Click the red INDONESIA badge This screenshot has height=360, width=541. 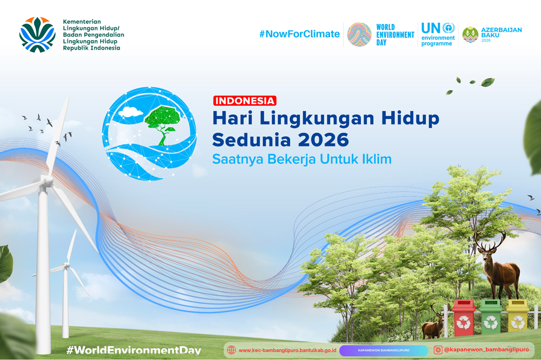click(x=245, y=101)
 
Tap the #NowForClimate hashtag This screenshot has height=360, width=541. click(x=300, y=34)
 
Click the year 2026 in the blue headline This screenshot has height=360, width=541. click(x=324, y=139)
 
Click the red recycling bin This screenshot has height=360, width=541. click(x=464, y=317)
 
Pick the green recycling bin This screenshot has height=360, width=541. click(x=491, y=317)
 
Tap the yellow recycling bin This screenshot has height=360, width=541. click(x=517, y=316)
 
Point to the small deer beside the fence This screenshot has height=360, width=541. click(x=434, y=323)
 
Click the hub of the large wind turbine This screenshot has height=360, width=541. click(x=48, y=181)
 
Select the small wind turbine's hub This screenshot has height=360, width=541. click(x=66, y=265)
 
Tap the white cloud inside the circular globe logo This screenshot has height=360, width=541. click(x=130, y=112)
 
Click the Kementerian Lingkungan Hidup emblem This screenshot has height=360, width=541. click(x=37, y=35)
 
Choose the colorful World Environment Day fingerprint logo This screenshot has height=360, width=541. click(x=359, y=35)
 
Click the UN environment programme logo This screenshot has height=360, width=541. click(x=438, y=34)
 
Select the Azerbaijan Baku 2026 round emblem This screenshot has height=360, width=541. click(x=470, y=35)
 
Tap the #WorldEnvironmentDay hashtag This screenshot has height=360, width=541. click(x=134, y=350)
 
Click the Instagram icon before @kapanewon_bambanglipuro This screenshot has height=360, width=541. click(x=438, y=350)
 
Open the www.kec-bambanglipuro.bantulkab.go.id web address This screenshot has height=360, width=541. click(x=287, y=350)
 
